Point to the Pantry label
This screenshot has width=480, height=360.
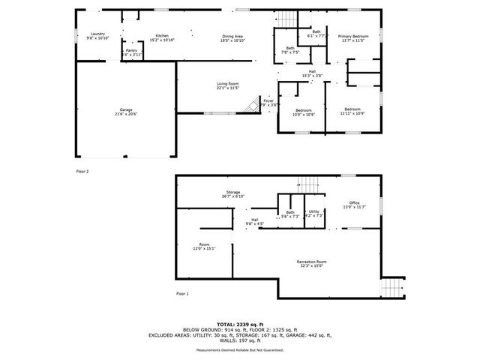point(131,52)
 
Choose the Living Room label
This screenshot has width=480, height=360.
point(227,85)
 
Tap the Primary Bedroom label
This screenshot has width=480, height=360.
point(352,37)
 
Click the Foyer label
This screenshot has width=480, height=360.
point(268,101)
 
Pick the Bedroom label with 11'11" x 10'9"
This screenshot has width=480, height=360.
point(351,111)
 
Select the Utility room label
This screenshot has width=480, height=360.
point(314,213)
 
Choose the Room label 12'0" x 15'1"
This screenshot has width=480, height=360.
point(204,246)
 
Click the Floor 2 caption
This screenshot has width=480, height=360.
point(82,172)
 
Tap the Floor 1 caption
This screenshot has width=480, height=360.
point(182,293)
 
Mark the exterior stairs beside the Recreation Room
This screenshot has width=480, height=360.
point(391,289)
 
